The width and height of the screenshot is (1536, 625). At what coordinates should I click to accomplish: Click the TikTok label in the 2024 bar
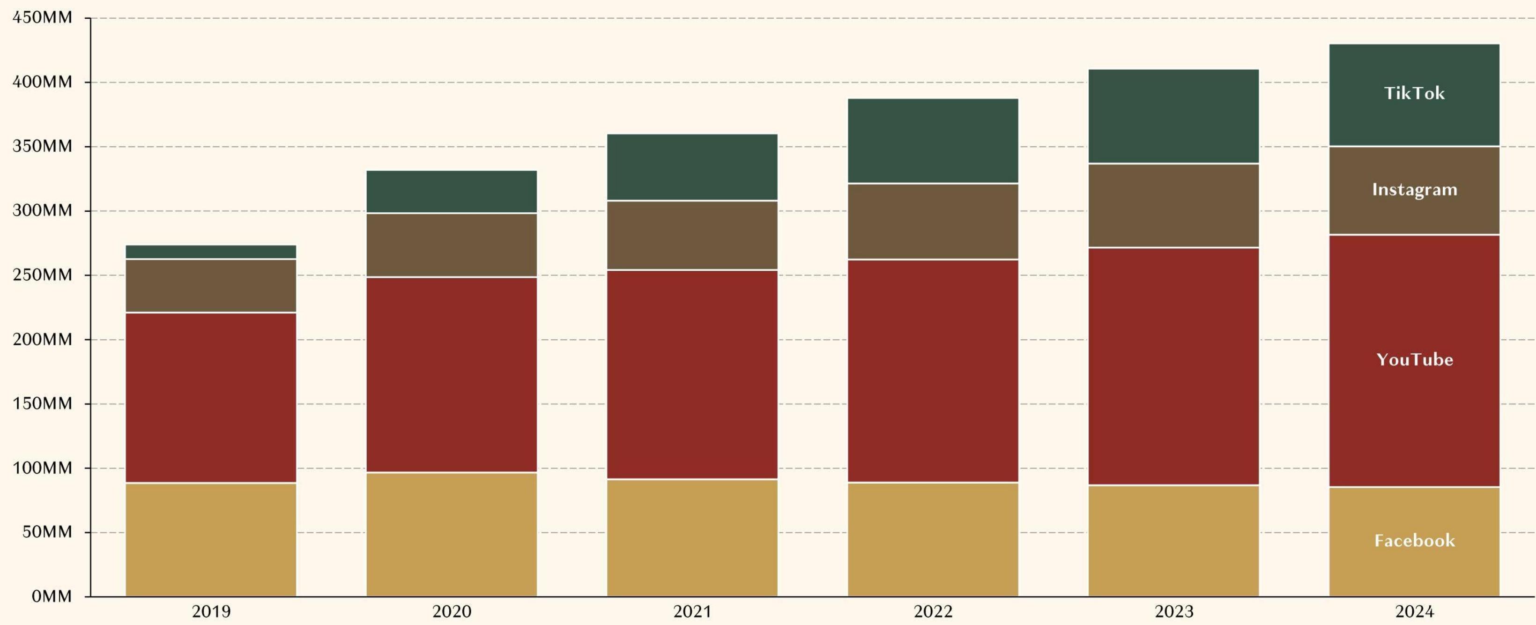pyautogui.click(x=1414, y=93)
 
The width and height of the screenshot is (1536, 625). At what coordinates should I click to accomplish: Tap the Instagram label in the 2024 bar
pyautogui.click(x=1414, y=190)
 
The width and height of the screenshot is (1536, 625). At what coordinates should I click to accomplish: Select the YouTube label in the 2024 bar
pyautogui.click(x=1414, y=360)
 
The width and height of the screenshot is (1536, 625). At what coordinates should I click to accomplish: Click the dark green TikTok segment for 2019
pyautogui.click(x=211, y=252)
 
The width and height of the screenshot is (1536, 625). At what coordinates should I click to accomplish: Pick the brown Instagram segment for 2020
pyautogui.click(x=452, y=245)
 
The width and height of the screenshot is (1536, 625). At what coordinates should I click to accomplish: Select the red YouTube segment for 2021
pyautogui.click(x=692, y=374)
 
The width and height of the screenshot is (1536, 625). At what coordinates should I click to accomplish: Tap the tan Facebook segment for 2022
pyautogui.click(x=933, y=540)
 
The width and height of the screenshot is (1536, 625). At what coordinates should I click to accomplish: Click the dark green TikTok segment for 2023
pyautogui.click(x=1173, y=116)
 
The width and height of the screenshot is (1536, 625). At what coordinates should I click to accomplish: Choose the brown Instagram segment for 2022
pyautogui.click(x=933, y=221)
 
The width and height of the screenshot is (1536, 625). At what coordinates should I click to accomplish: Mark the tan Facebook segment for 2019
pyautogui.click(x=211, y=540)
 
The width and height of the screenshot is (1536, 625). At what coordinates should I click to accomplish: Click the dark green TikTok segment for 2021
pyautogui.click(x=692, y=167)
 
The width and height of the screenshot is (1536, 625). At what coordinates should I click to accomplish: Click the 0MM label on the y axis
pyautogui.click(x=52, y=596)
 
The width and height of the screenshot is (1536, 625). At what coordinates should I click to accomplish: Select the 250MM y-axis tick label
pyautogui.click(x=42, y=275)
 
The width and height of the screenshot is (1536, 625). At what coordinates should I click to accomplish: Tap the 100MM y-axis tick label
pyautogui.click(x=42, y=468)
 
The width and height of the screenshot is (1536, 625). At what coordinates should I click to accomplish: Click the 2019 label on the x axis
pyautogui.click(x=211, y=612)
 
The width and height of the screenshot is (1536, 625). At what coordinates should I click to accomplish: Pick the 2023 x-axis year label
pyautogui.click(x=1174, y=612)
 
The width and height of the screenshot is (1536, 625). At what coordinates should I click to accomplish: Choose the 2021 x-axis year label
pyautogui.click(x=692, y=612)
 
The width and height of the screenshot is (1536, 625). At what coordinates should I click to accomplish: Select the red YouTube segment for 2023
pyautogui.click(x=1173, y=366)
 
